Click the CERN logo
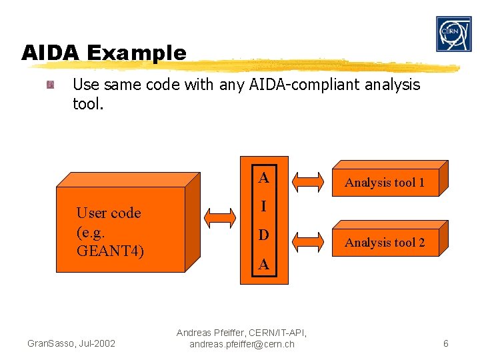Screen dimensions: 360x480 (x=454, y=34)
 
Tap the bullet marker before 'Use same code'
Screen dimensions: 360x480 (x=50, y=85)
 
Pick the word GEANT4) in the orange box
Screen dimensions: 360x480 (x=110, y=251)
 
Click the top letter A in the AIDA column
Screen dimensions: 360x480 (x=264, y=178)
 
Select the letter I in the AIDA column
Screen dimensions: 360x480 (x=264, y=207)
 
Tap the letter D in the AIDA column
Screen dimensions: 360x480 (x=264, y=235)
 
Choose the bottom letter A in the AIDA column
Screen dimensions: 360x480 (x=264, y=265)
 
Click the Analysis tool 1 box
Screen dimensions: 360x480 (x=385, y=181)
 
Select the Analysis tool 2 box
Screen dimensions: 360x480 (x=385, y=242)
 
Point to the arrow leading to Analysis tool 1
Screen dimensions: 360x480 (x=308, y=181)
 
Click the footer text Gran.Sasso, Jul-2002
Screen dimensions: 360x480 (x=71, y=343)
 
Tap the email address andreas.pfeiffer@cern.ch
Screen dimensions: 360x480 (x=241, y=345)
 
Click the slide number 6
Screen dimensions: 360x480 (x=445, y=343)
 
